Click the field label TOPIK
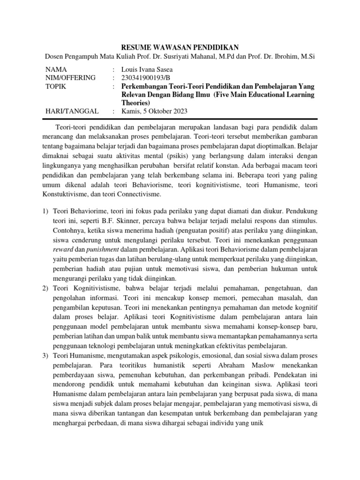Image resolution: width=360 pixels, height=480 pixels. click(x=55, y=87)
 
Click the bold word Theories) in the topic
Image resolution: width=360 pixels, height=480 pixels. click(x=135, y=103)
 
